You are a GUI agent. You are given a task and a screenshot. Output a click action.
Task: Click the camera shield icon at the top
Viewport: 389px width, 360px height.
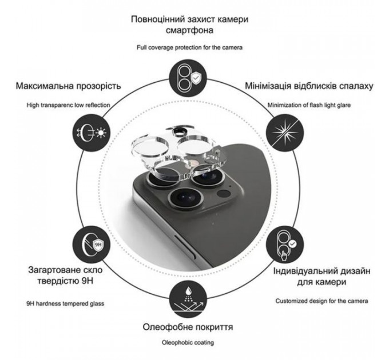click(188, 78)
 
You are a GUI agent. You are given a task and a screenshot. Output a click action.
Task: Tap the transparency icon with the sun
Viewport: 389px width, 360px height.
click(92, 133)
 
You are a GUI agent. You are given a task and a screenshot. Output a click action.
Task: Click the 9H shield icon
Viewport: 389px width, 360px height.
click(92, 245)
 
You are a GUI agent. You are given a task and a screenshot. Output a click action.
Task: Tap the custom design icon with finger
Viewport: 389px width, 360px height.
click(285, 245)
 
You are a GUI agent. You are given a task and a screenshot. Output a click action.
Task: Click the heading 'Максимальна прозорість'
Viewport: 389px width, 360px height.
click(68, 86)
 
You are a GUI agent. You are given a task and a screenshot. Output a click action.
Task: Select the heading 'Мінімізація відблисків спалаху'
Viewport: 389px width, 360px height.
click(309, 86)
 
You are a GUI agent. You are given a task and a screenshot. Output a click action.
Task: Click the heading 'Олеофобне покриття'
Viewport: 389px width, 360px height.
click(188, 327)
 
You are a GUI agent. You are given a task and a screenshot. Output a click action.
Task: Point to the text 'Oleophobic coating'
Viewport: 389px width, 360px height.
click(188, 343)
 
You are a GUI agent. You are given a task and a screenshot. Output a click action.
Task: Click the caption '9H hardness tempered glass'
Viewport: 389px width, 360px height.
click(65, 303)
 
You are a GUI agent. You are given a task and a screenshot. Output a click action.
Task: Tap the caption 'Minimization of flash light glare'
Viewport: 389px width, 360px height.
click(309, 105)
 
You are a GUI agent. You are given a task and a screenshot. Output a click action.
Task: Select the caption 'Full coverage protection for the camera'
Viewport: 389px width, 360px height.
click(189, 47)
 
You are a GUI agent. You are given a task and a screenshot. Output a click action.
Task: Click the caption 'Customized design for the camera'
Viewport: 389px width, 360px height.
click(321, 301)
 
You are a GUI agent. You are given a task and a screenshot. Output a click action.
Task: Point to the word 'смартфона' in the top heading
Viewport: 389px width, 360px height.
click(189, 30)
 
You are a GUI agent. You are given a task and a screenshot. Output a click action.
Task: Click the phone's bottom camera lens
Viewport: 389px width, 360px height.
click(185, 197)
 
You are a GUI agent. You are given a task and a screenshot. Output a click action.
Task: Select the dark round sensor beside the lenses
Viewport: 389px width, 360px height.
click(224, 193)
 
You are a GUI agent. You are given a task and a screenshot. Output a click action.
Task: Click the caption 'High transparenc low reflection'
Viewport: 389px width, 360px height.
click(68, 105)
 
